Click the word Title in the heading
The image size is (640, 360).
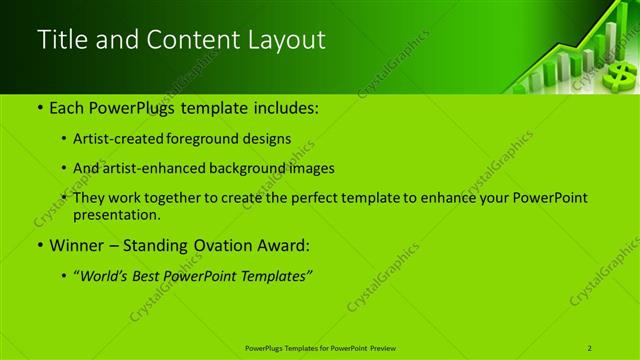click(x=59, y=40)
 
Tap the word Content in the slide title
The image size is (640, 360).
click(x=197, y=40)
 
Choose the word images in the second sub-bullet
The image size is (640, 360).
click(x=310, y=168)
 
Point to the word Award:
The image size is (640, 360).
click(x=282, y=245)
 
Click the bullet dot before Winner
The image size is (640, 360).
click(x=39, y=245)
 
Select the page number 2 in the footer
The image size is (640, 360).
click(x=591, y=347)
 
